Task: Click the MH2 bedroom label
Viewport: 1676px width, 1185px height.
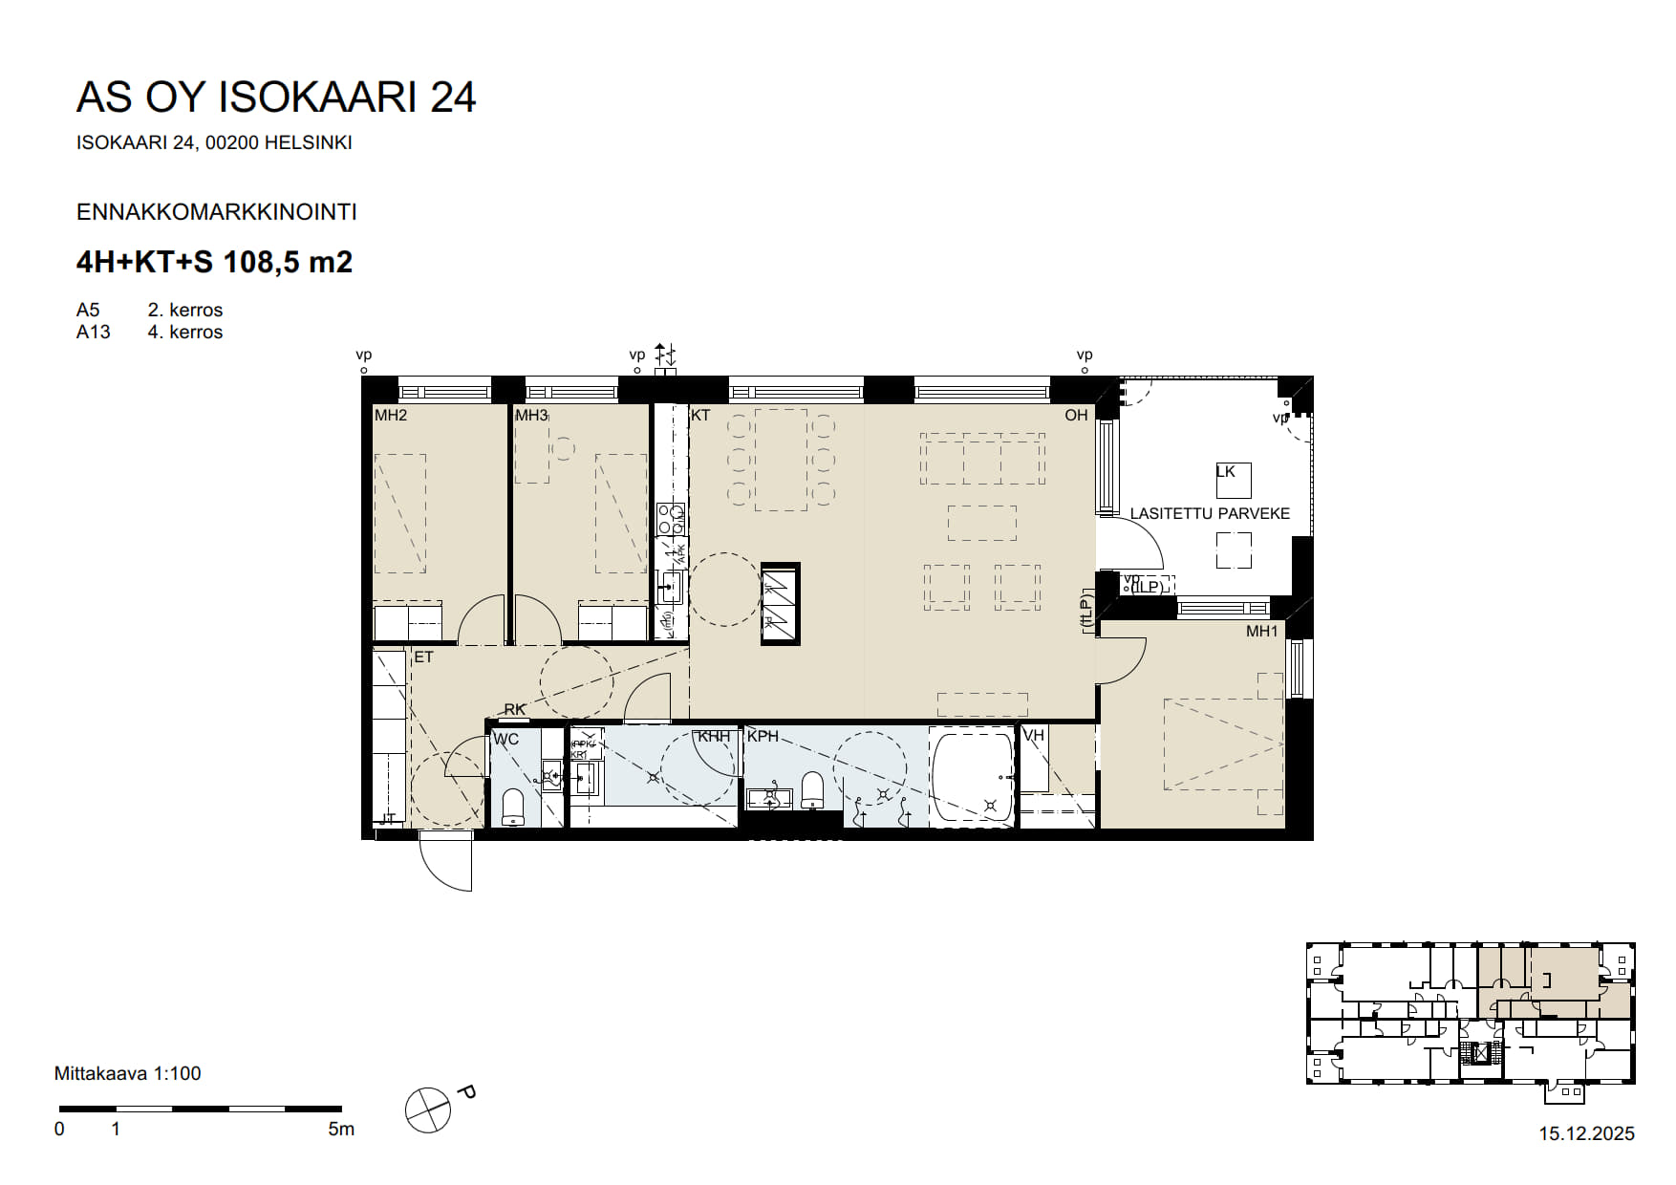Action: [x=390, y=416]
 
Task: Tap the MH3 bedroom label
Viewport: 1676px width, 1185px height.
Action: [x=531, y=416]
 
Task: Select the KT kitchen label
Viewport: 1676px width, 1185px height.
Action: [x=700, y=416]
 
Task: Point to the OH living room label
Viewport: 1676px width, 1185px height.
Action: [x=1076, y=416]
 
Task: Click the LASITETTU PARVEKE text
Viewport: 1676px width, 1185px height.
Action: [x=1210, y=514]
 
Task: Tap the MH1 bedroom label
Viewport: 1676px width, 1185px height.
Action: [x=1261, y=632]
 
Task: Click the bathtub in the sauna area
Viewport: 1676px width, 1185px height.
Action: [x=972, y=777]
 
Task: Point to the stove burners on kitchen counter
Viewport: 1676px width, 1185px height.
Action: [x=671, y=519]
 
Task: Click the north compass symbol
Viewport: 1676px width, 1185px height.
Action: [x=428, y=1110]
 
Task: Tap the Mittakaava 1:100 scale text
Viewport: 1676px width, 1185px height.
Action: [x=127, y=1074]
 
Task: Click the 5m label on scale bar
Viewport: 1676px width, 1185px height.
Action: [x=341, y=1130]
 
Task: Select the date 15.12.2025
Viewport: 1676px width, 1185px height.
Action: [x=1586, y=1134]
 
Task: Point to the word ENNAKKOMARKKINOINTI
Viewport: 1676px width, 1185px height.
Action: [x=216, y=212]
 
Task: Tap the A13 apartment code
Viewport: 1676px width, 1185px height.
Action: [x=94, y=333]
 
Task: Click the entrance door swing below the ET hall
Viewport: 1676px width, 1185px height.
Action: [x=446, y=861]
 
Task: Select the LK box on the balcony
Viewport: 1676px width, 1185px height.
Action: [x=1233, y=480]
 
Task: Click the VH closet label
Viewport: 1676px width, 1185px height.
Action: [x=1034, y=736]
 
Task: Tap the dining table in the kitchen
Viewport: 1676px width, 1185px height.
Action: [x=781, y=460]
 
